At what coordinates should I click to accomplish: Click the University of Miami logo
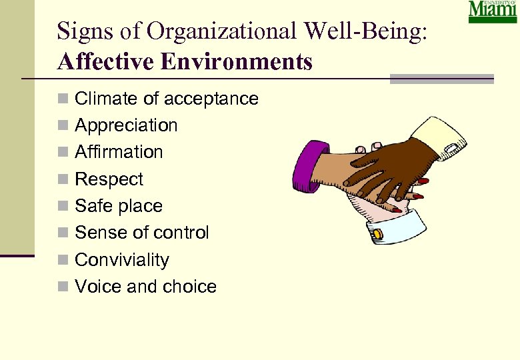(x=492, y=12)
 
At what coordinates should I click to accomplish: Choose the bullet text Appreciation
(x=126, y=125)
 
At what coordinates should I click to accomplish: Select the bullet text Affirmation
(x=119, y=152)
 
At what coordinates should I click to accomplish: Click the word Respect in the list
(x=109, y=179)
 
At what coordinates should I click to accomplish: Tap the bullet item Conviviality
(x=122, y=259)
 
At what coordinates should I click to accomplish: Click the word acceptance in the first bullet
(x=211, y=99)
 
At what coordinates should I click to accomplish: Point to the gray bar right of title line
(x=441, y=79)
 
